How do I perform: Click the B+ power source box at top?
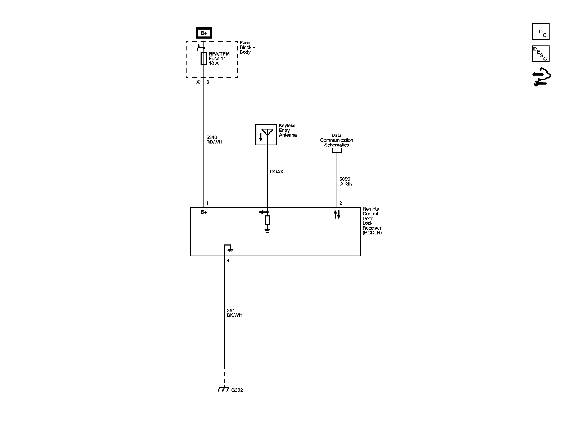tap(203, 33)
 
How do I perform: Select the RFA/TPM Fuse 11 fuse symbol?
tap(204, 58)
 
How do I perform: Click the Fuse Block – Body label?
tap(247, 47)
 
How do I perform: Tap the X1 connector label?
tap(199, 82)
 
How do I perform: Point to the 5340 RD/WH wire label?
tap(214, 140)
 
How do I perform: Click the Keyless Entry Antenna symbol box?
tap(266, 135)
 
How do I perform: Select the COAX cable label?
tap(277, 172)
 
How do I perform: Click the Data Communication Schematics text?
tap(337, 140)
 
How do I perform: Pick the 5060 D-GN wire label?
tap(346, 182)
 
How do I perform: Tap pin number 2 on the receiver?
tap(341, 203)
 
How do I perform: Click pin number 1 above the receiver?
tap(207, 203)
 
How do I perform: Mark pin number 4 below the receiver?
tap(228, 261)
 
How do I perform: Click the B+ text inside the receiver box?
tap(203, 212)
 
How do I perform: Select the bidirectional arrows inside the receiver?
tap(337, 214)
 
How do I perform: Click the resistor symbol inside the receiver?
tap(267, 220)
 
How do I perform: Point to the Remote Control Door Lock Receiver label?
tap(372, 221)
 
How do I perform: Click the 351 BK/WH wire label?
tap(234, 313)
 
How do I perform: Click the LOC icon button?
tap(540, 31)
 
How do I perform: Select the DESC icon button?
tap(540, 54)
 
